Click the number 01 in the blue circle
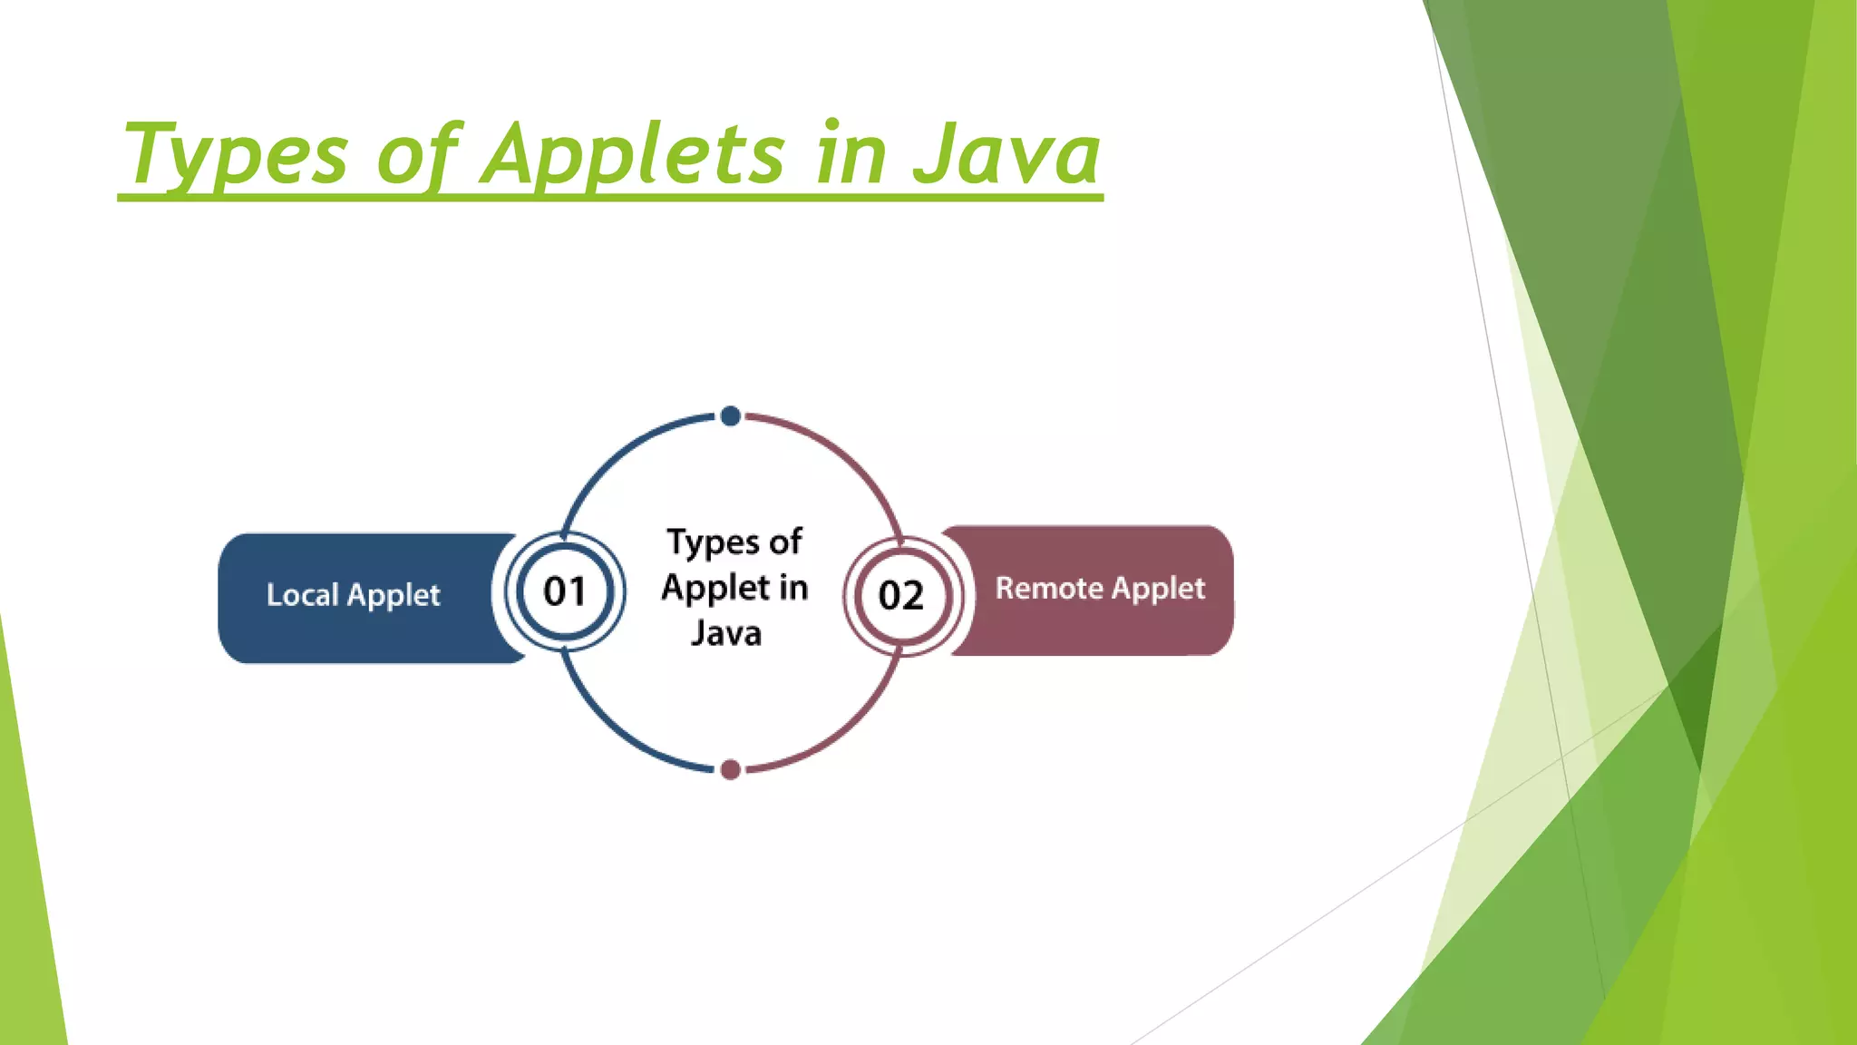(564, 591)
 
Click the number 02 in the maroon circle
(900, 595)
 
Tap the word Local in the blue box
(302, 595)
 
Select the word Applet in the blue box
(394, 596)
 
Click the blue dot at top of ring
(730, 416)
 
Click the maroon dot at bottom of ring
(730, 770)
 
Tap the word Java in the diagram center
(725, 632)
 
